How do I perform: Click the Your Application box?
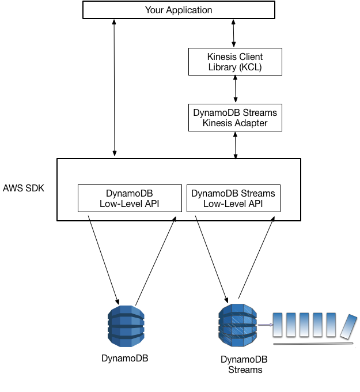pyautogui.click(x=179, y=10)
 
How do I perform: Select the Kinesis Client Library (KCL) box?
pyautogui.click(x=235, y=62)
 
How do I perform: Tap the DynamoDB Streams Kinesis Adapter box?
pyautogui.click(x=235, y=118)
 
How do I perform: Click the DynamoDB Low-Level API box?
pyautogui.click(x=129, y=198)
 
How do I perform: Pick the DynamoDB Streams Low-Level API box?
pyautogui.click(x=233, y=198)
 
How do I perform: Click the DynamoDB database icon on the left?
pyautogui.click(x=126, y=326)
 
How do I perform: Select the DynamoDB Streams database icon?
pyautogui.click(x=237, y=325)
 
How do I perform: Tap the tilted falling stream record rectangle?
pyautogui.click(x=348, y=326)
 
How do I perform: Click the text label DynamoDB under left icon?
pyautogui.click(x=124, y=358)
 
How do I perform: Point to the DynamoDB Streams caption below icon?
pyautogui.click(x=244, y=364)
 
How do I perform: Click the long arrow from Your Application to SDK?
pyautogui.click(x=115, y=86)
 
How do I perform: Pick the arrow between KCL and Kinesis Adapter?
pyautogui.click(x=235, y=89)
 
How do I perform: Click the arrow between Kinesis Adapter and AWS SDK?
pyautogui.click(x=235, y=145)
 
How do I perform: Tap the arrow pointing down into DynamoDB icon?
pyautogui.click(x=104, y=259)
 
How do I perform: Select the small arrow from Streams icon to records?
pyautogui.click(x=265, y=325)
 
